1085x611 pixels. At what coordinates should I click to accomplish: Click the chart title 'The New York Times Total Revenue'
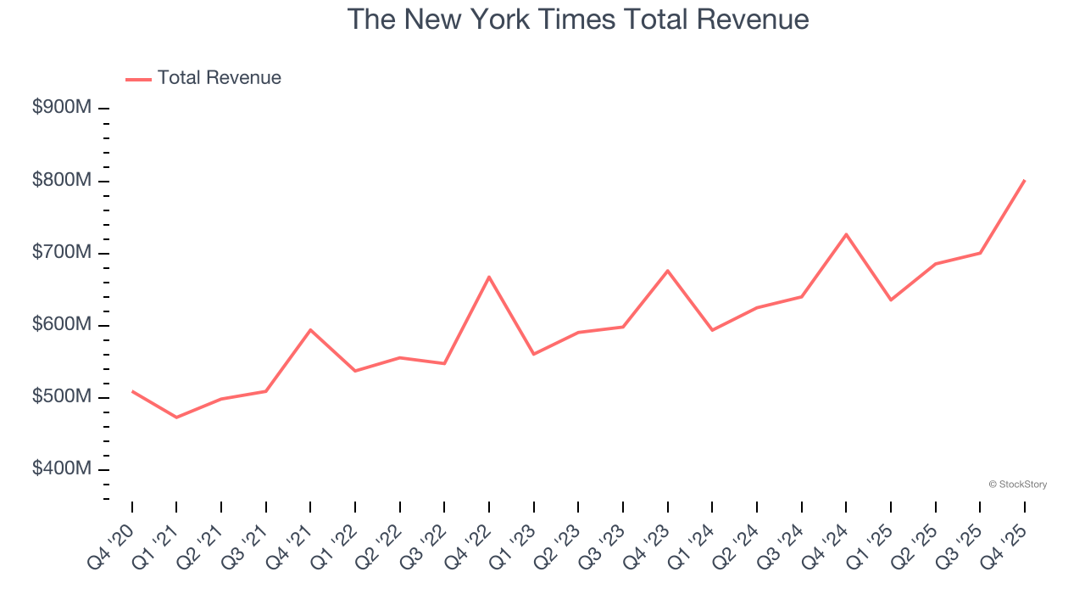tap(577, 20)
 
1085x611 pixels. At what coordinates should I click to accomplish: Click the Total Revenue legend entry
tap(203, 78)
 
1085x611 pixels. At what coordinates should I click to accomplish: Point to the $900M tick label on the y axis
tap(62, 108)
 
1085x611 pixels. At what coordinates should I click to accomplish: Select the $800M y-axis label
tap(62, 181)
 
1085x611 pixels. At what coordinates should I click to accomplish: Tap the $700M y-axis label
tap(62, 253)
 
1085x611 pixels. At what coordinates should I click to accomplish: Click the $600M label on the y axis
tap(62, 325)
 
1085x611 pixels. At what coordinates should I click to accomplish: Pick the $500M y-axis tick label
tap(62, 397)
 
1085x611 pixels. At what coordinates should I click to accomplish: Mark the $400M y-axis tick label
tap(62, 469)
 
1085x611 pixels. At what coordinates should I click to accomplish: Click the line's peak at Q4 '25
tap(1024, 180)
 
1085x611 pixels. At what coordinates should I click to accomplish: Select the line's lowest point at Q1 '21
tap(176, 418)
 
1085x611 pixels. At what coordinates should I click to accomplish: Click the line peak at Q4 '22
tap(489, 277)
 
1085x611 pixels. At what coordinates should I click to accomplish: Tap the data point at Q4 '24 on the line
tap(846, 234)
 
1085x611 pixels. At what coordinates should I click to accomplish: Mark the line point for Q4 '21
tap(310, 329)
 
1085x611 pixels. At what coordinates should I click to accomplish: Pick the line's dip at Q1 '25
tap(891, 300)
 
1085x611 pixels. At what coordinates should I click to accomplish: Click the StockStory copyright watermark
tap(1017, 485)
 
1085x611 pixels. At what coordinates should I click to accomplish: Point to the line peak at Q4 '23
tap(667, 271)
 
